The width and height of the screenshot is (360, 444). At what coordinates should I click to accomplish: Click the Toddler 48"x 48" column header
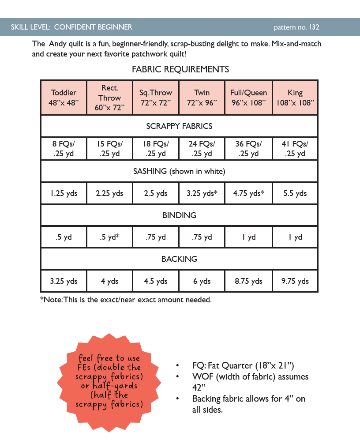[64, 97]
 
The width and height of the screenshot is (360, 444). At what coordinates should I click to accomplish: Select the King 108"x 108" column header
[295, 97]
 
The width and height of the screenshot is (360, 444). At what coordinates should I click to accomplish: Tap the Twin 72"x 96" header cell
[202, 97]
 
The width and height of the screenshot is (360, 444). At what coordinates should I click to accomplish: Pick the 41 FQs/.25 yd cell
[295, 148]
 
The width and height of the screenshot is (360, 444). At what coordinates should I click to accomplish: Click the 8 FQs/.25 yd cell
[64, 148]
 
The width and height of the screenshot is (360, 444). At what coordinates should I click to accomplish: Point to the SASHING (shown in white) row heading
[179, 171]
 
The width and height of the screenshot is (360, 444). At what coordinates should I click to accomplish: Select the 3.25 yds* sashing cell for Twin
[202, 193]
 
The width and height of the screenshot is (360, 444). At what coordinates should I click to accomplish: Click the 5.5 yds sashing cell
[295, 193]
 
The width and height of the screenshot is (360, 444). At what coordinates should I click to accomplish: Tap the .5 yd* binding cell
[109, 237]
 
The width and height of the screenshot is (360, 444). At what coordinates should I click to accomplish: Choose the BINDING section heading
[179, 215]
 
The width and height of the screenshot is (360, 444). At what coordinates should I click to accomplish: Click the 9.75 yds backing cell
[295, 281]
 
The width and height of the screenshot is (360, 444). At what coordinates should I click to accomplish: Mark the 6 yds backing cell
[202, 281]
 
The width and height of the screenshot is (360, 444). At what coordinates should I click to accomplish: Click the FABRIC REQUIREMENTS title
[180, 69]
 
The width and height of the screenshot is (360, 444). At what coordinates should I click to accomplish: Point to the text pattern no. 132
[296, 27]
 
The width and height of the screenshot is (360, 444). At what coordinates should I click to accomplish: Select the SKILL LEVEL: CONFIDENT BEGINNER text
[71, 27]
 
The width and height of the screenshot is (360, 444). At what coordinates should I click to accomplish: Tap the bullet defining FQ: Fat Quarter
[243, 366]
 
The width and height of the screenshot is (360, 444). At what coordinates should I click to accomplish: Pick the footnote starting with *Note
[126, 300]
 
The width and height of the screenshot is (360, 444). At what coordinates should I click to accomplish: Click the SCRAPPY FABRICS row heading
[179, 126]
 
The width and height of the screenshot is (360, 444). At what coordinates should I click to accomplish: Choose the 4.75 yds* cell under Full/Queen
[248, 193]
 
